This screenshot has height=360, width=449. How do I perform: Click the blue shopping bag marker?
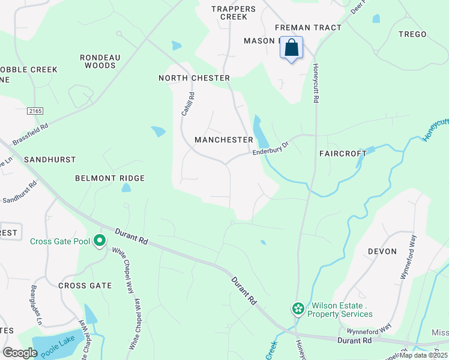tap(291, 49)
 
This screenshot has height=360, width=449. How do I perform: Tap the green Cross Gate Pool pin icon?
tap(100, 241)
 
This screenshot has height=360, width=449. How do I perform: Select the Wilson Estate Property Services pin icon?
tap(297, 308)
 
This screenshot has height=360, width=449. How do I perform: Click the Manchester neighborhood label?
tap(224, 140)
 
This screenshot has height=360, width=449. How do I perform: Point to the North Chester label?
tap(194, 79)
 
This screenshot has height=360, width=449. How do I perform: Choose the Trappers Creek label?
tap(234, 13)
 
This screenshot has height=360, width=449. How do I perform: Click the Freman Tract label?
tap(308, 28)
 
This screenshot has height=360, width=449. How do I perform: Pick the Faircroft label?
tap(343, 154)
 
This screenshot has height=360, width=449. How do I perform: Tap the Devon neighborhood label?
tap(382, 251)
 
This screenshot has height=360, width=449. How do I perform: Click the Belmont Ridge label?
tap(110, 178)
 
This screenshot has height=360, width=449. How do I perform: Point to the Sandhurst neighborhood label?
tap(50, 160)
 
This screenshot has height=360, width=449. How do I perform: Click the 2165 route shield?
tap(35, 111)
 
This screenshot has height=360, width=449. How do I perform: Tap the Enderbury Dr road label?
tap(271, 148)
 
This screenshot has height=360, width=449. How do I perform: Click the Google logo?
tap(20, 352)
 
